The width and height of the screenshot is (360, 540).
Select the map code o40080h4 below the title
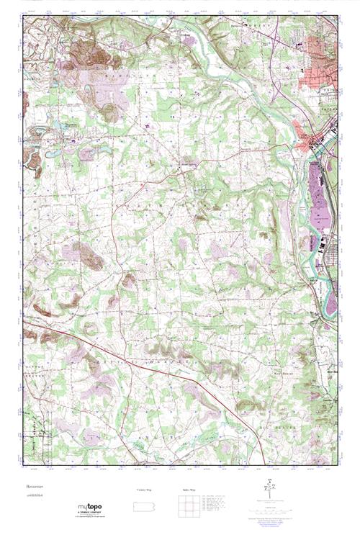pyautogui.click(x=34, y=497)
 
